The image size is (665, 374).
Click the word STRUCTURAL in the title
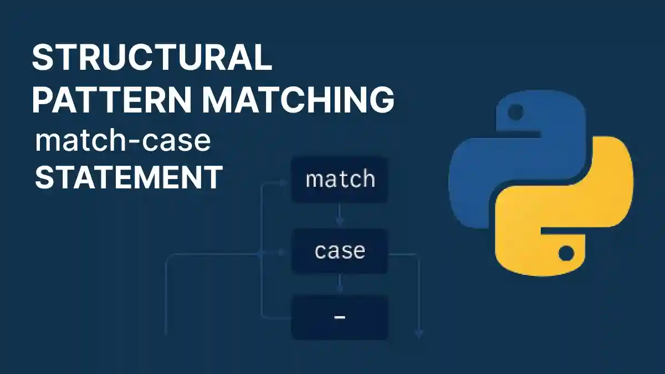[152, 58]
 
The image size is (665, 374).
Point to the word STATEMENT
[129, 177]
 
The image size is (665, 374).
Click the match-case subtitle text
[122, 141]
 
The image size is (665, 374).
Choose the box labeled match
[340, 180]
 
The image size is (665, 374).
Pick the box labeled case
[340, 251]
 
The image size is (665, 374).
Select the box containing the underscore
[340, 317]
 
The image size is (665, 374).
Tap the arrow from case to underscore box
[340, 285]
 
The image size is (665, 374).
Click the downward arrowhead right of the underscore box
[419, 334]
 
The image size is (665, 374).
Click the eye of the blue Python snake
[515, 113]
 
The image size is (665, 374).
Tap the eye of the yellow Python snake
[565, 254]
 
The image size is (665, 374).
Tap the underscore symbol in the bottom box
[340, 317]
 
